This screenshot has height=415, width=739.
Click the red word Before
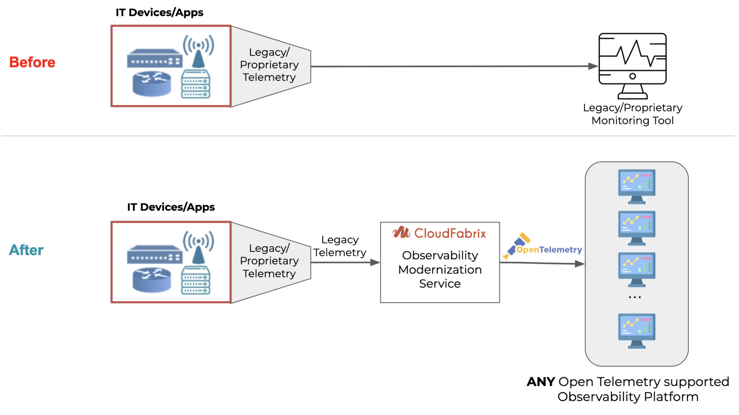32,62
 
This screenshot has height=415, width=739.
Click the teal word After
26,250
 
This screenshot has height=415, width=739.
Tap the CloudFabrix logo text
450,233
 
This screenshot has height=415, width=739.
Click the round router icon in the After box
152,280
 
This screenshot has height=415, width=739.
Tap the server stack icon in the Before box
196,84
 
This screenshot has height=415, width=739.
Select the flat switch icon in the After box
154,255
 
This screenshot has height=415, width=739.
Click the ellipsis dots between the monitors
635,297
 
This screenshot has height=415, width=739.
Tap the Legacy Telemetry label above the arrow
339,246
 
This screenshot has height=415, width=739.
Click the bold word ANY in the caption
541,382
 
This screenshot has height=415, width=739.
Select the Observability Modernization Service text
440,269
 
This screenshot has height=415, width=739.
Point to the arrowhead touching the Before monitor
593,66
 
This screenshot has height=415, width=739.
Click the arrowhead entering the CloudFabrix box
375,262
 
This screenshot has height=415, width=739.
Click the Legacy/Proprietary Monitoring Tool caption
632,114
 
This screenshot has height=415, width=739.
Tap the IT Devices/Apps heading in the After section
171,207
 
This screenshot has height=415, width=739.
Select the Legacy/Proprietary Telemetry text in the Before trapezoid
269,65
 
